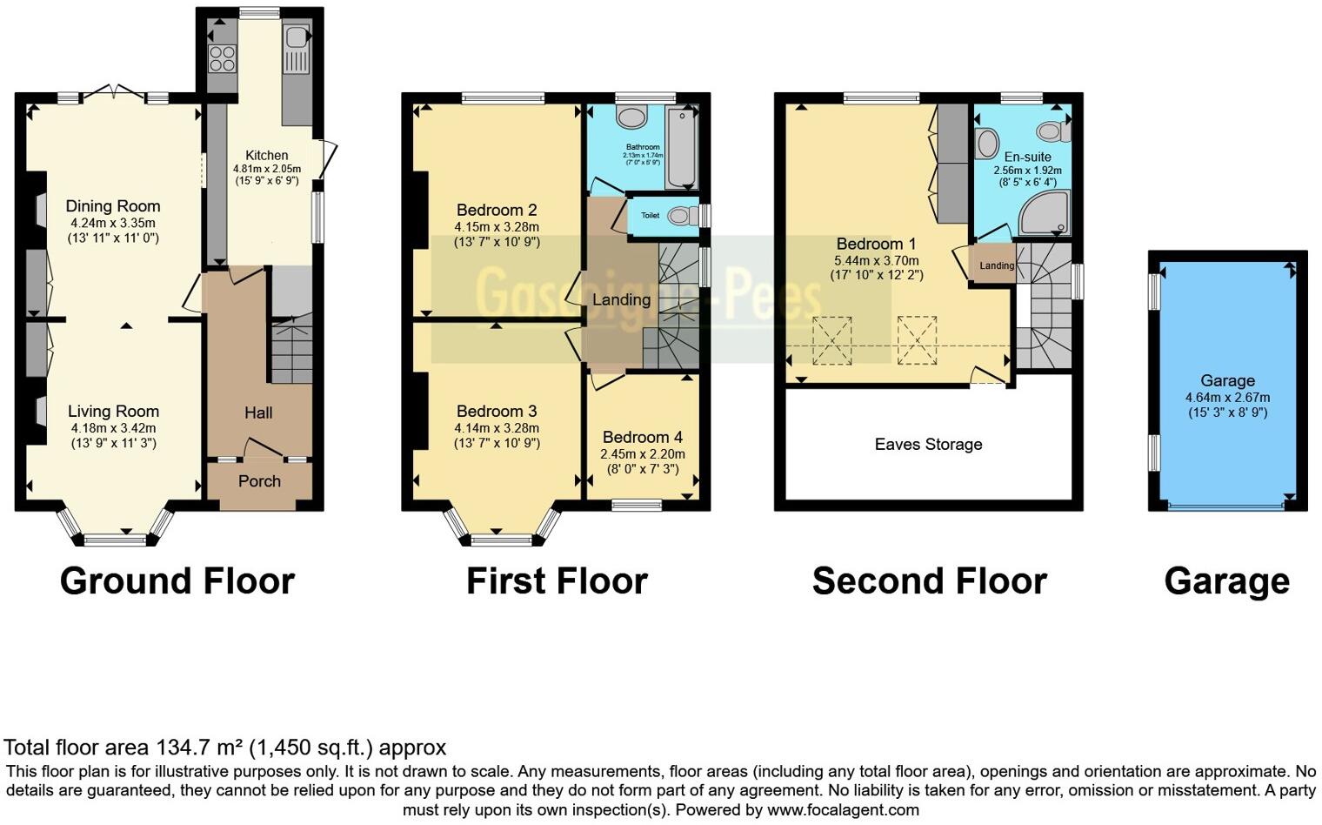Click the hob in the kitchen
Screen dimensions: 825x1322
tap(223, 58)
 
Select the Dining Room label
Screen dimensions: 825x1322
tap(113, 206)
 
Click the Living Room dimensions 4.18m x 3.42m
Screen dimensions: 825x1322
tap(113, 427)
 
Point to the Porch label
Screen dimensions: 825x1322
tap(259, 481)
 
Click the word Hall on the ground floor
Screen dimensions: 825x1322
tap(258, 413)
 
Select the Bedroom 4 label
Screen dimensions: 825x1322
tap(643, 438)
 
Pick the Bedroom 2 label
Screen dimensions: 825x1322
tap(497, 210)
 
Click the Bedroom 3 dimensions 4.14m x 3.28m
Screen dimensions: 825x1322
tap(497, 427)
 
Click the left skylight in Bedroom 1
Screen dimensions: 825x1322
tap(832, 340)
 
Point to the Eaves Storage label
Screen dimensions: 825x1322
tap(928, 445)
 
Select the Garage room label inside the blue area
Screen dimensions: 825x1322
tap(1227, 380)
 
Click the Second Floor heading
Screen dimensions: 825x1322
tap(929, 581)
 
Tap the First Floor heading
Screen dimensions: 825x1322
tap(557, 581)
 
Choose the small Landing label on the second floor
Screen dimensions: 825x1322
tap(997, 265)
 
